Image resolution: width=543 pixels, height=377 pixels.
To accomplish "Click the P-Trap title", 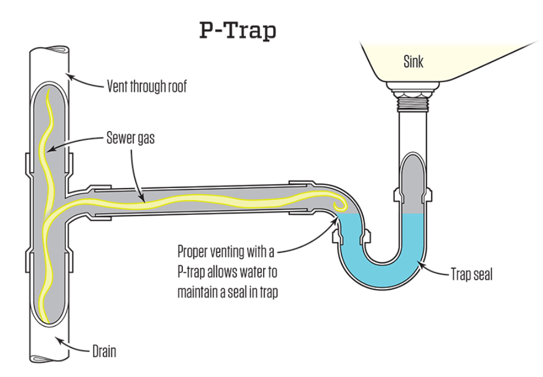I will [238, 31].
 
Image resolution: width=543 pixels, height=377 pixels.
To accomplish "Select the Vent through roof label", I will [147, 87].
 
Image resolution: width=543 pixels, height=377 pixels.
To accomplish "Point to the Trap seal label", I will [471, 276].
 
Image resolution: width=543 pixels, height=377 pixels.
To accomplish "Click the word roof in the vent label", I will [174, 87].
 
